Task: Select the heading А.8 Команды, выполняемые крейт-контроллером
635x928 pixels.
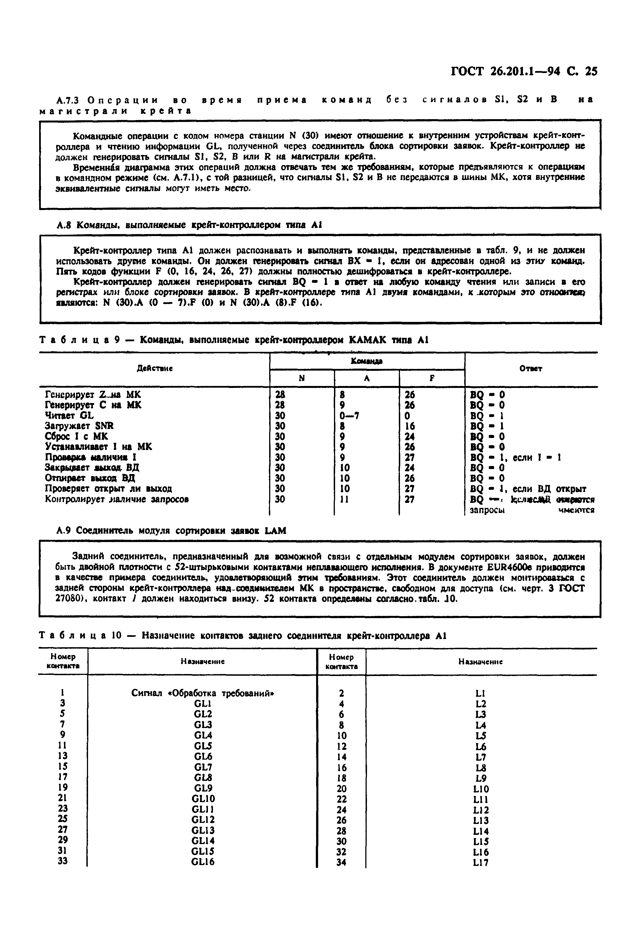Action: pos(189,225)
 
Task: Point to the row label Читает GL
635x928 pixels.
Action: pos(69,415)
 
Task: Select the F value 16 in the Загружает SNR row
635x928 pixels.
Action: pos(409,426)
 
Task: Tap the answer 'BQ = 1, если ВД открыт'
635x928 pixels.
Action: pos(528,489)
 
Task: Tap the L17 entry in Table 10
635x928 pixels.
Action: pos(480,863)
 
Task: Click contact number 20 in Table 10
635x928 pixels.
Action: pos(341,789)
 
